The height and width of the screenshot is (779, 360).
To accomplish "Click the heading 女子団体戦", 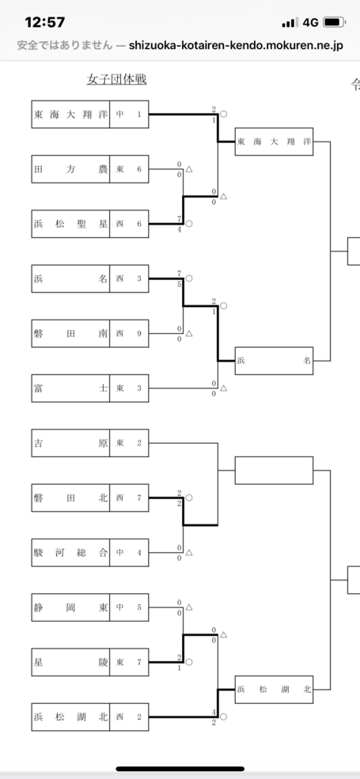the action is pyautogui.click(x=116, y=80).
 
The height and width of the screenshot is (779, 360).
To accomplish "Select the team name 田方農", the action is pyautogui.click(x=70, y=169).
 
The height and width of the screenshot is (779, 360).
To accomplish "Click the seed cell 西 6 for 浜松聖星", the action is pyautogui.click(x=129, y=224).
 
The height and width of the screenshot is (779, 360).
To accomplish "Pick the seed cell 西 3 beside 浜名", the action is pyautogui.click(x=129, y=278).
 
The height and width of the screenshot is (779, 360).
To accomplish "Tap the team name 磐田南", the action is pyautogui.click(x=70, y=334).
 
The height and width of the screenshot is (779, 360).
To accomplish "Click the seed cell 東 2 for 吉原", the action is pyautogui.click(x=129, y=443).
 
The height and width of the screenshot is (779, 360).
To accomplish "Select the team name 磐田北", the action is pyautogui.click(x=70, y=497).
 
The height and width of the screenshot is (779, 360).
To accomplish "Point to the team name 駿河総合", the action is pyautogui.click(x=70, y=553).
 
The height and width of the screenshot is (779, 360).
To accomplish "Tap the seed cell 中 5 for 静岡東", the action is pyautogui.click(x=129, y=607).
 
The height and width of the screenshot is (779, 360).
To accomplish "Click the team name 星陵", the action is pyautogui.click(x=70, y=662).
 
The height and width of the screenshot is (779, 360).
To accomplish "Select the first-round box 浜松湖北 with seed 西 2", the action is pyautogui.click(x=90, y=717).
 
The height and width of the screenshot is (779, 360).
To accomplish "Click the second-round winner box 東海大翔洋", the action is pyautogui.click(x=274, y=142).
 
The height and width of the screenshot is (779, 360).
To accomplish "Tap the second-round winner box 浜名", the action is pyautogui.click(x=274, y=361).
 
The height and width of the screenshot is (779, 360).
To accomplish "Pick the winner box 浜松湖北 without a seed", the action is pyautogui.click(x=274, y=690).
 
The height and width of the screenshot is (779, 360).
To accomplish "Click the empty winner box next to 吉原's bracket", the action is pyautogui.click(x=274, y=471).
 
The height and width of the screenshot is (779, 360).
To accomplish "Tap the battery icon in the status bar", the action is pyautogui.click(x=334, y=22).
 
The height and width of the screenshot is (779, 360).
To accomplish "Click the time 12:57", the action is pyautogui.click(x=45, y=22).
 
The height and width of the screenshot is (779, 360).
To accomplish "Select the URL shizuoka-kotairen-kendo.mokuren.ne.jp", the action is pyautogui.click(x=236, y=46).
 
